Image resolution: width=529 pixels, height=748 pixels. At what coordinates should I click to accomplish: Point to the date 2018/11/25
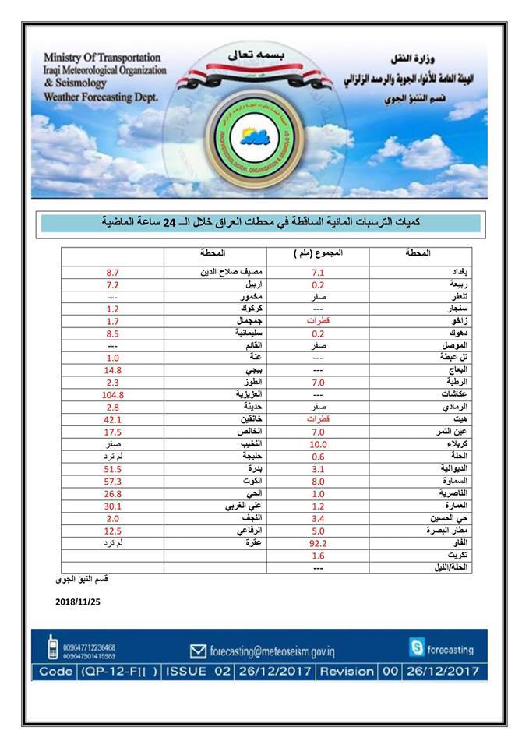click(x=79, y=602)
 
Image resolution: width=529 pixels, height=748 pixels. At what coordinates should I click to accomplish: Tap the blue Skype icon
click(x=417, y=647)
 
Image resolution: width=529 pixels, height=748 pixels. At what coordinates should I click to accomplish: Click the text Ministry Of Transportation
click(x=102, y=58)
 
